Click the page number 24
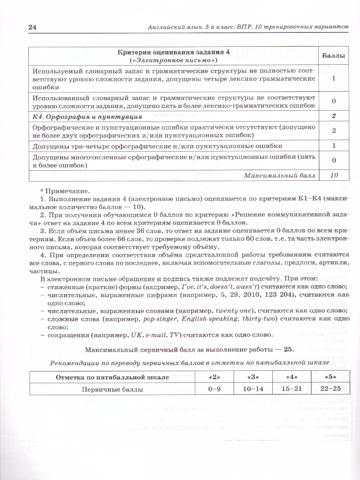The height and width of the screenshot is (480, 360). (32, 27)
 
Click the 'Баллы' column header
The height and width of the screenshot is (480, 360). (334, 56)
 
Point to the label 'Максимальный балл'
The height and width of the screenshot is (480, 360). (280, 175)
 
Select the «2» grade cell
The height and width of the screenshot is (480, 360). (214, 377)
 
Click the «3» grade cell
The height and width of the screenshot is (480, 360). (253, 377)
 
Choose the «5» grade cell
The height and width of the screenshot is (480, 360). (331, 377)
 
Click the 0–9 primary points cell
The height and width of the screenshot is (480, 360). (214, 389)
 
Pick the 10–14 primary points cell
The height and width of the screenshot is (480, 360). (253, 389)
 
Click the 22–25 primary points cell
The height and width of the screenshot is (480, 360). (331, 389)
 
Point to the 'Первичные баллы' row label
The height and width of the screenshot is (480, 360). (112, 389)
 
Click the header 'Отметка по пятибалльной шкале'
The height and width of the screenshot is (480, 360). (112, 377)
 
